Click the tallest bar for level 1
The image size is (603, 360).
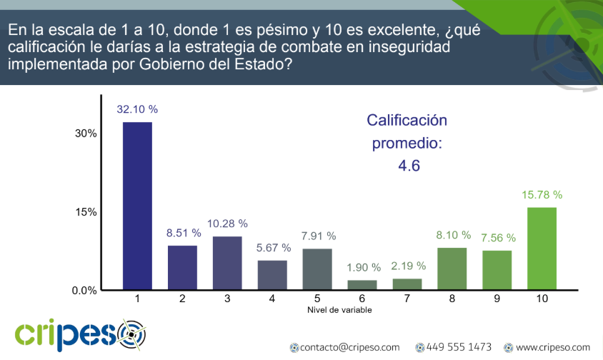(x=137, y=206)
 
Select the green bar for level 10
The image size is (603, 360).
(x=542, y=249)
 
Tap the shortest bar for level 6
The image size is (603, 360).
(x=362, y=285)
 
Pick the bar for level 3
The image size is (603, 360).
(x=227, y=263)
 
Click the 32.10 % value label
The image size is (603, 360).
(x=137, y=109)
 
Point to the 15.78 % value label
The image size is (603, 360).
(x=542, y=194)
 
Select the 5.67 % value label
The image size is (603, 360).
(x=272, y=248)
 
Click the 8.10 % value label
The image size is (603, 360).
(x=452, y=234)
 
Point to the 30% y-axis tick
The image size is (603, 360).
(x=86, y=134)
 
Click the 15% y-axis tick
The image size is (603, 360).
(x=86, y=212)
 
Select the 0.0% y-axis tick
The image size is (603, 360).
(x=84, y=291)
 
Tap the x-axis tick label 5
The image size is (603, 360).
(x=317, y=299)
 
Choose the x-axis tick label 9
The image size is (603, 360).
(x=497, y=299)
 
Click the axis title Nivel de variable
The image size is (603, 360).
(x=339, y=310)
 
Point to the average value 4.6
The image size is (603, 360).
(x=409, y=166)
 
